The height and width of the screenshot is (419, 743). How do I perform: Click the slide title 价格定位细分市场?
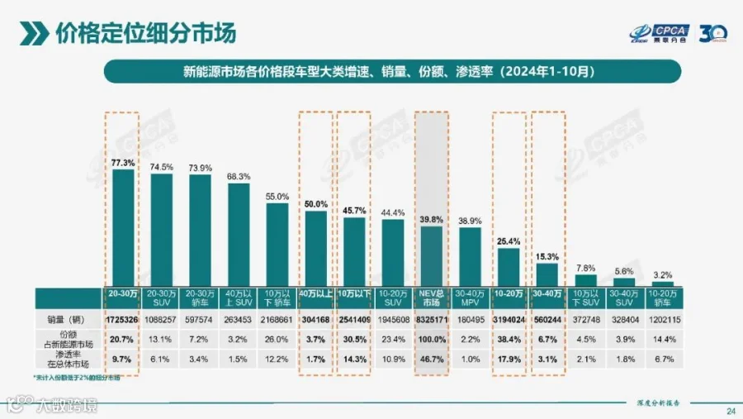coord(144,32)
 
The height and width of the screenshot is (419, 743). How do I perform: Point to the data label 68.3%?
coord(239,176)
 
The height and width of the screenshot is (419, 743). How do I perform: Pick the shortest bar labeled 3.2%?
coord(663,283)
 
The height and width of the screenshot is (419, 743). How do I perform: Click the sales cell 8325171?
coord(432,319)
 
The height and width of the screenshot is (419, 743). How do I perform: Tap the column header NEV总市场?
coord(432,298)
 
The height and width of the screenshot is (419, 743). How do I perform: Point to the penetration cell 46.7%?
coord(432,359)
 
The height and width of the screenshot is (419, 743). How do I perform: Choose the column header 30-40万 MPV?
coord(471,298)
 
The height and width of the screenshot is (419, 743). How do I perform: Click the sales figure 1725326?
coord(123,319)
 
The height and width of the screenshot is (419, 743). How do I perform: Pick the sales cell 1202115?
coord(663,319)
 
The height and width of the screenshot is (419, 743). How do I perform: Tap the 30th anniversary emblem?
coord(712,32)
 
